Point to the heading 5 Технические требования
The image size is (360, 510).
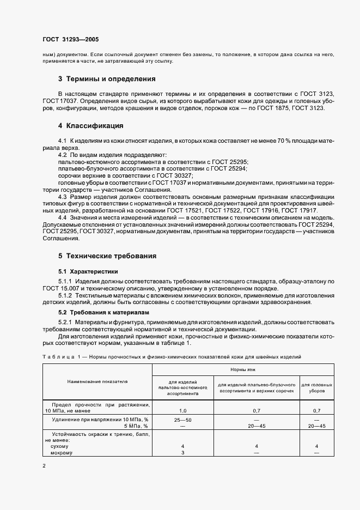coord(107,255)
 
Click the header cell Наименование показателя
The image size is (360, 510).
coord(97,381)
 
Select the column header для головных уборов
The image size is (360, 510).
coord(316,388)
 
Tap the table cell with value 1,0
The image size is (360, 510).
coord(183,410)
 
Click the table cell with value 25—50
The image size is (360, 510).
coord(183,420)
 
